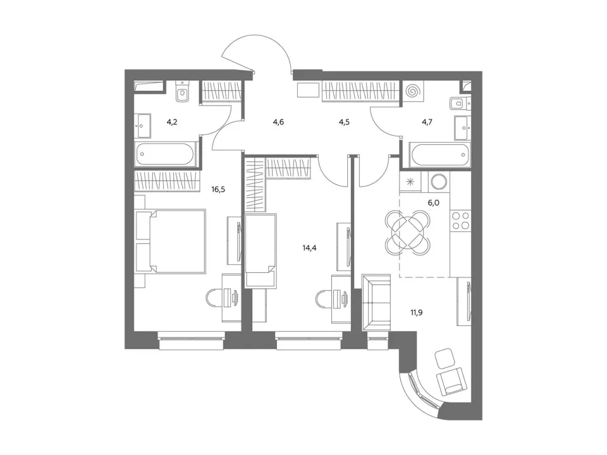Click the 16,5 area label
218,190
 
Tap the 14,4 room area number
309,248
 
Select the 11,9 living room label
417,312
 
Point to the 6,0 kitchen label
434,202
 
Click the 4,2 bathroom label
172,122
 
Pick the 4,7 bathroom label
427,122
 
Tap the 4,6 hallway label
278,122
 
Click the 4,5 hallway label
344,122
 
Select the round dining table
408,232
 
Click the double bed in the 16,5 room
170,241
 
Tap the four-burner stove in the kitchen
461,221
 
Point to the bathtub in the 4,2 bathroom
166,154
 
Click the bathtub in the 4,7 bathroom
440,154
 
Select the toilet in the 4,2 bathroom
181,92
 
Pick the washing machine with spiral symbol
413,91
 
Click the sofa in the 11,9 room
376,303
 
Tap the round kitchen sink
439,181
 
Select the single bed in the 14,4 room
261,252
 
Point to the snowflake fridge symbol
410,181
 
